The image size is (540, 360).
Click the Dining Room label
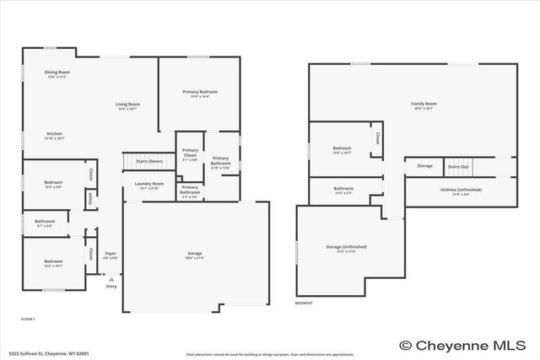(x=57, y=73)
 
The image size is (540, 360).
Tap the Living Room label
(x=127, y=105)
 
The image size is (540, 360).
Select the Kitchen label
(x=55, y=134)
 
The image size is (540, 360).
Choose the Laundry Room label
(x=148, y=184)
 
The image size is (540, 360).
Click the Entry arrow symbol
(x=111, y=278)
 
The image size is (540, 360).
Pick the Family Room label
(x=424, y=105)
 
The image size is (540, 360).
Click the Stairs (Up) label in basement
(x=458, y=166)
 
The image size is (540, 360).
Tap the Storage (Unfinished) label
(x=346, y=247)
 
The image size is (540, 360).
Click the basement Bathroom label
(x=343, y=189)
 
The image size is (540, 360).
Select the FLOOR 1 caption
(x=28, y=320)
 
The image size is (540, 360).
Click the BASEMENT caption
(x=305, y=303)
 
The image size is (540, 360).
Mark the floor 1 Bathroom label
(x=45, y=222)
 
